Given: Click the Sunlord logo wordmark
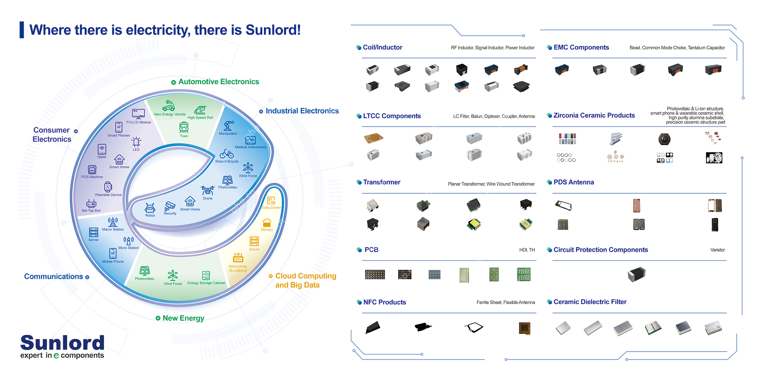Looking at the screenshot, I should click(x=62, y=343).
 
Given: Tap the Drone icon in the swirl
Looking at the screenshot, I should click(x=208, y=190).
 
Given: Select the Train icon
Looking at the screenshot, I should click(x=184, y=127).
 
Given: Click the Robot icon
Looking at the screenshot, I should click(x=150, y=208).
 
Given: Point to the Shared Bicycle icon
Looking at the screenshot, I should click(x=227, y=154).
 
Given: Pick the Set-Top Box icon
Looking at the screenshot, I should click(x=91, y=203).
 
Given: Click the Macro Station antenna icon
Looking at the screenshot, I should click(x=113, y=222).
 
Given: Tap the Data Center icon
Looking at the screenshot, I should click(x=271, y=201).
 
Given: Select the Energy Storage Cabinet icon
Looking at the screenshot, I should click(x=206, y=275).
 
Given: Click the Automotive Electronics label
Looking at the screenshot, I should click(x=218, y=82).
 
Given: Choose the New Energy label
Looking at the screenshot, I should click(x=183, y=318).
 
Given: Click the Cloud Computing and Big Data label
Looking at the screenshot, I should click(x=306, y=280).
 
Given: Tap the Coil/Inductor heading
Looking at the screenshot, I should click(x=382, y=47).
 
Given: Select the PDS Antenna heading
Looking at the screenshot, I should click(x=573, y=182).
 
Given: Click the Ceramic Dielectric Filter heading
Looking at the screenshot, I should click(x=590, y=302).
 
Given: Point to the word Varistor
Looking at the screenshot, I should click(x=717, y=250).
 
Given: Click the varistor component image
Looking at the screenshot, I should click(x=636, y=274).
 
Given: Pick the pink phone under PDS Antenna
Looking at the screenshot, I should click(x=636, y=205).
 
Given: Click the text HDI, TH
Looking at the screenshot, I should click(x=527, y=250).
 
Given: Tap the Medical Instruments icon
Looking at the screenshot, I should click(x=250, y=140).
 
